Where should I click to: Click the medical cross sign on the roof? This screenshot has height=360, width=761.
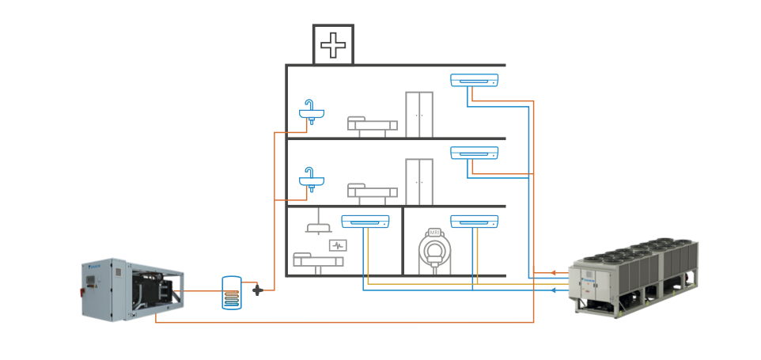[333, 44]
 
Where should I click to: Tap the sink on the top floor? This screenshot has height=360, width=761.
[312, 112]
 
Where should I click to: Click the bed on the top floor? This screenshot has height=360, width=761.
[373, 125]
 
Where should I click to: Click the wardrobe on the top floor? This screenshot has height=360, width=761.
[419, 114]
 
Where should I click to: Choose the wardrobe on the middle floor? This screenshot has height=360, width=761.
[419, 182]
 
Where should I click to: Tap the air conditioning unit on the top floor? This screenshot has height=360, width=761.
[475, 80]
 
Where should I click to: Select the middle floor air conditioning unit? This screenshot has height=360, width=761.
[475, 153]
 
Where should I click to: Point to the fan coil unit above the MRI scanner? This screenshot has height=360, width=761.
[475, 222]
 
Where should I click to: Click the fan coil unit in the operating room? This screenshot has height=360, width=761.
[365, 222]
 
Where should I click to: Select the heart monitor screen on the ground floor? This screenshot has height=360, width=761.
[339, 246]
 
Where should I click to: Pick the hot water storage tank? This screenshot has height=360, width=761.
[232, 293]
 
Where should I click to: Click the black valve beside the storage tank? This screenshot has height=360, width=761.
[257, 290]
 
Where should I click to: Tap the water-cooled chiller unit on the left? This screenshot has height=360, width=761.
[134, 289]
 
